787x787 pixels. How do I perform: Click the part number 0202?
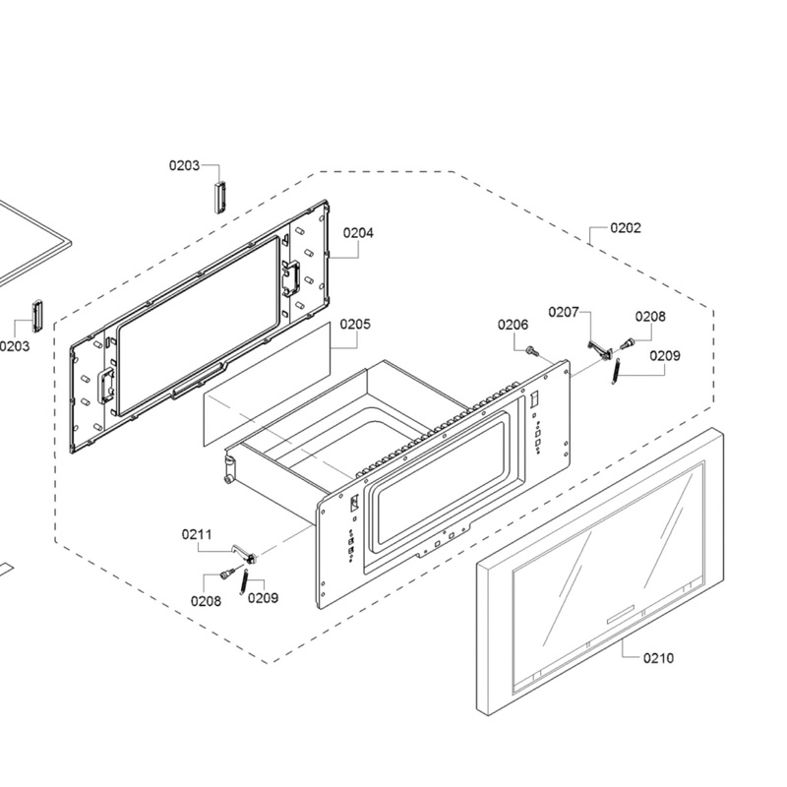pyautogui.click(x=625, y=228)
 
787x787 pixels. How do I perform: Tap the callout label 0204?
pyautogui.click(x=358, y=233)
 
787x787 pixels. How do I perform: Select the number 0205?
pyautogui.click(x=355, y=323)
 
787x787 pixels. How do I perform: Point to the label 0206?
pyautogui.click(x=513, y=325)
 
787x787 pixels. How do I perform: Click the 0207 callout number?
pyautogui.click(x=564, y=312)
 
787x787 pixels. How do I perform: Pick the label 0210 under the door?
pyautogui.click(x=658, y=658)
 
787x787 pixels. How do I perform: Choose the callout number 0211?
pyautogui.click(x=197, y=534)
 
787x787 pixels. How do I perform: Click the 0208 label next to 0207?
pyautogui.click(x=650, y=317)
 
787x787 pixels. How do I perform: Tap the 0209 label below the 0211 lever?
pyautogui.click(x=263, y=597)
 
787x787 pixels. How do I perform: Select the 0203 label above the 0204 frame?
pyautogui.click(x=184, y=165)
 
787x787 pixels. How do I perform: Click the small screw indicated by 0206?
pyautogui.click(x=532, y=349)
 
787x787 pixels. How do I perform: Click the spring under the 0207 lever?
pyautogui.click(x=615, y=372)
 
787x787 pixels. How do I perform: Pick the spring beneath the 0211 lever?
pyautogui.click(x=242, y=580)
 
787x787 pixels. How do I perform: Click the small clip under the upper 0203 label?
pyautogui.click(x=220, y=194)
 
